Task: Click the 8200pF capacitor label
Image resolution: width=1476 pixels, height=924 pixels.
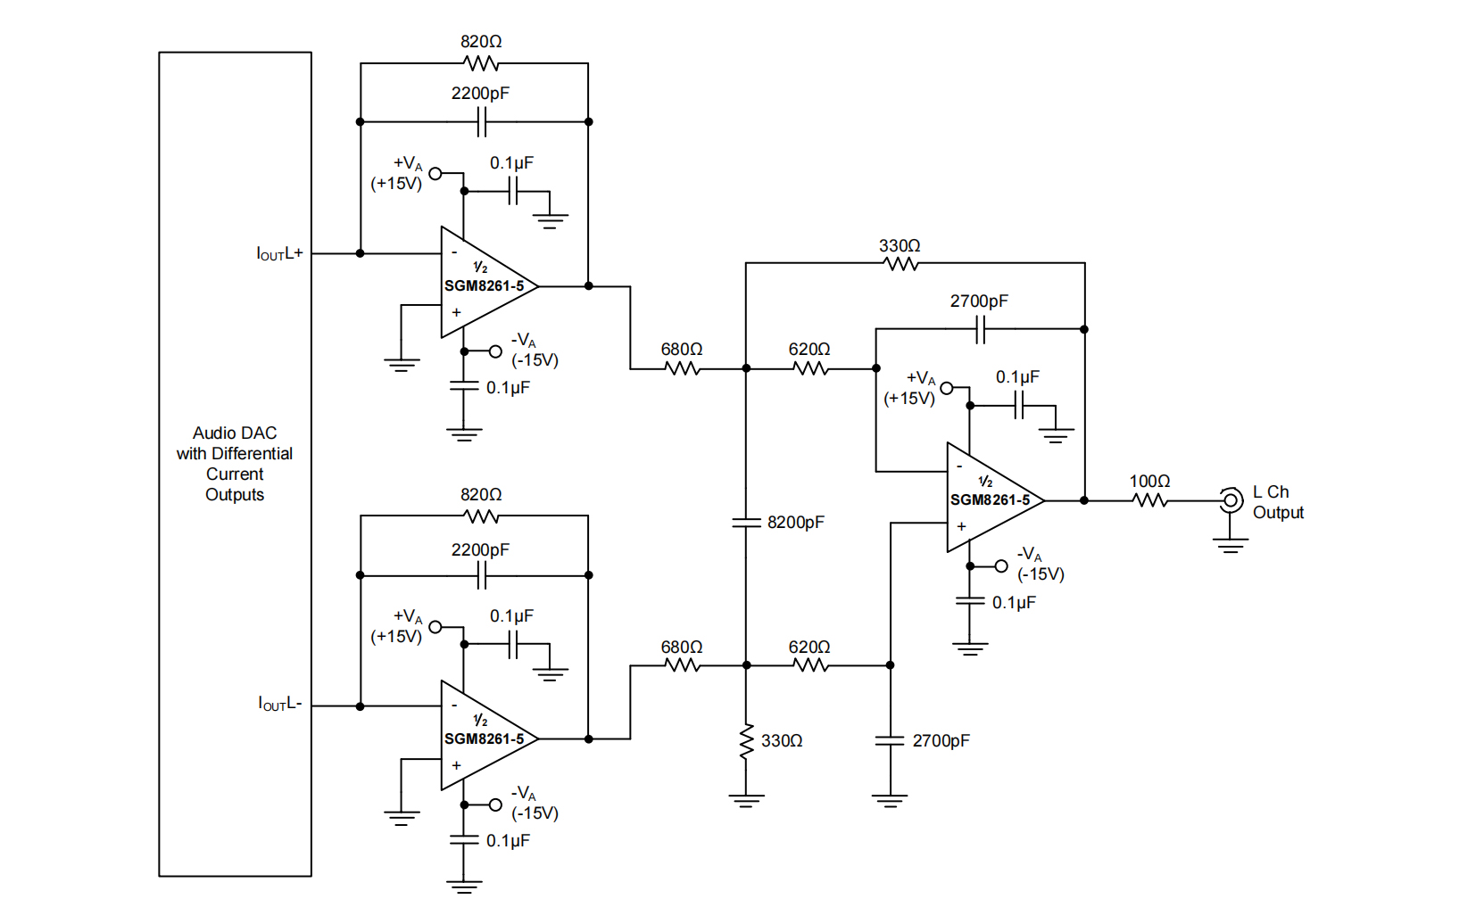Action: pyautogui.click(x=795, y=523)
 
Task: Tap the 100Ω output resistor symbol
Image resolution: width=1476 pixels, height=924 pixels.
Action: pyautogui.click(x=1150, y=500)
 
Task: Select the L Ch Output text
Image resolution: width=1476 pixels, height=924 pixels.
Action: pyautogui.click(x=1277, y=502)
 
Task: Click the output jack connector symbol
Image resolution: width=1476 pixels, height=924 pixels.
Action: pyautogui.click(x=1231, y=500)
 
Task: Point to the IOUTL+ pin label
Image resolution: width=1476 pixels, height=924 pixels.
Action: pyautogui.click(x=279, y=254)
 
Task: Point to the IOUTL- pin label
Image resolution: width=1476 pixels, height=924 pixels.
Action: pyautogui.click(x=279, y=704)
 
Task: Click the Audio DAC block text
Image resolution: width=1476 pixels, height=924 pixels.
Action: pyautogui.click(x=235, y=464)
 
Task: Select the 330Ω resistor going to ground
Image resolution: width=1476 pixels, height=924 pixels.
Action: pyautogui.click(x=747, y=741)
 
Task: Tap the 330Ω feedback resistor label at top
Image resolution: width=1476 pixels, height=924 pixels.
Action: pyautogui.click(x=899, y=246)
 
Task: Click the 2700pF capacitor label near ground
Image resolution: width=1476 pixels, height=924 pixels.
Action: pyautogui.click(x=941, y=741)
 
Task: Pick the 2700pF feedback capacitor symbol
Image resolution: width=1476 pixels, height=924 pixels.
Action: pyautogui.click(x=980, y=329)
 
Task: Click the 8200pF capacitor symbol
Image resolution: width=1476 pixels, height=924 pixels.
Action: pyautogui.click(x=746, y=523)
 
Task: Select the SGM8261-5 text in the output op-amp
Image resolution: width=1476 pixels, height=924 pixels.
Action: pyautogui.click(x=990, y=500)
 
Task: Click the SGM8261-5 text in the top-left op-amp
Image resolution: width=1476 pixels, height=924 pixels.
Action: pyautogui.click(x=484, y=286)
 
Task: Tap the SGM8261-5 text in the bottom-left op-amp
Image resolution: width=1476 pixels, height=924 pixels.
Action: pyautogui.click(x=484, y=739)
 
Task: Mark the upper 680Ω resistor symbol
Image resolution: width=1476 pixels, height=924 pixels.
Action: pyautogui.click(x=683, y=367)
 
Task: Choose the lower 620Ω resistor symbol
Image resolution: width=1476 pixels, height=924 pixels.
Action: pyautogui.click(x=810, y=665)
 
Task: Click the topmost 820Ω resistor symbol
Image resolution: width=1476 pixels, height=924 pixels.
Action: pyautogui.click(x=481, y=63)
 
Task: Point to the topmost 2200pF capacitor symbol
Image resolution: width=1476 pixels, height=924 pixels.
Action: pyautogui.click(x=481, y=121)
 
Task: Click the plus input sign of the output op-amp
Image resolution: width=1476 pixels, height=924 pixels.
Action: pyautogui.click(x=961, y=526)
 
